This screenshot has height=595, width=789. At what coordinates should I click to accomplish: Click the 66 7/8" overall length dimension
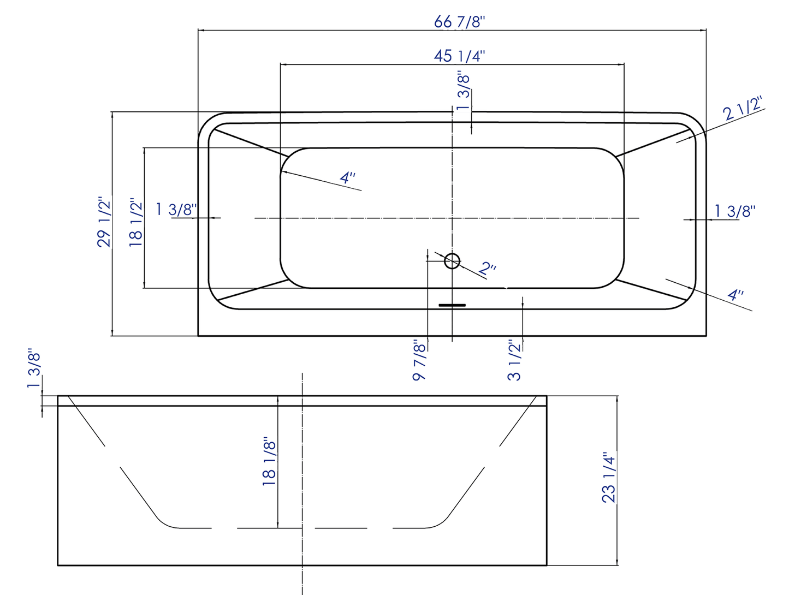pyautogui.click(x=459, y=22)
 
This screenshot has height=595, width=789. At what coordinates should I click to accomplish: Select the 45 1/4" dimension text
pyautogui.click(x=459, y=56)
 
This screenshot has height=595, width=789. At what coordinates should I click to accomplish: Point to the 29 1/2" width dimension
pyautogui.click(x=104, y=222)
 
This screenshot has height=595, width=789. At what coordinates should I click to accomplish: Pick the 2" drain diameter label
pyautogui.click(x=487, y=269)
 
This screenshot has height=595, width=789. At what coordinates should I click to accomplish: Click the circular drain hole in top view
pyautogui.click(x=452, y=261)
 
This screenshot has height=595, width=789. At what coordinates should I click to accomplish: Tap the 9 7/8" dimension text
pyautogui.click(x=419, y=360)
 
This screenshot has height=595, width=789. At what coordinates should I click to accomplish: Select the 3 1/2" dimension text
pyautogui.click(x=514, y=360)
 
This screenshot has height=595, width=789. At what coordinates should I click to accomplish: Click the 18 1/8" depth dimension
pyautogui.click(x=269, y=461)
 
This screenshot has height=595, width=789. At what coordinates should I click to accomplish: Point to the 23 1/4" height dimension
pyautogui.click(x=608, y=477)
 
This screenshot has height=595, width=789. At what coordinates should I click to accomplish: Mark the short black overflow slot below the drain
pyautogui.click(x=452, y=305)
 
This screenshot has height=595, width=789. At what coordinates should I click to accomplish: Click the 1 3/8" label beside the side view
pyautogui.click(x=34, y=369)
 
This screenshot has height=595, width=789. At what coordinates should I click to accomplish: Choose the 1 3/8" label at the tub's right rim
pyautogui.click(x=735, y=211)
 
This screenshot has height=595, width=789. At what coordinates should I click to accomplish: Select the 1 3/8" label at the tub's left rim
pyautogui.click(x=176, y=209)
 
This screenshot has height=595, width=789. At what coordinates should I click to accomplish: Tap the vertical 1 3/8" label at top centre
pyautogui.click(x=463, y=91)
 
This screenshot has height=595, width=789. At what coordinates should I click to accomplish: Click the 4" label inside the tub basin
pyautogui.click(x=348, y=178)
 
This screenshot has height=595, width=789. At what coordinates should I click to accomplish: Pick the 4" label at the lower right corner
pyautogui.click(x=735, y=295)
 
